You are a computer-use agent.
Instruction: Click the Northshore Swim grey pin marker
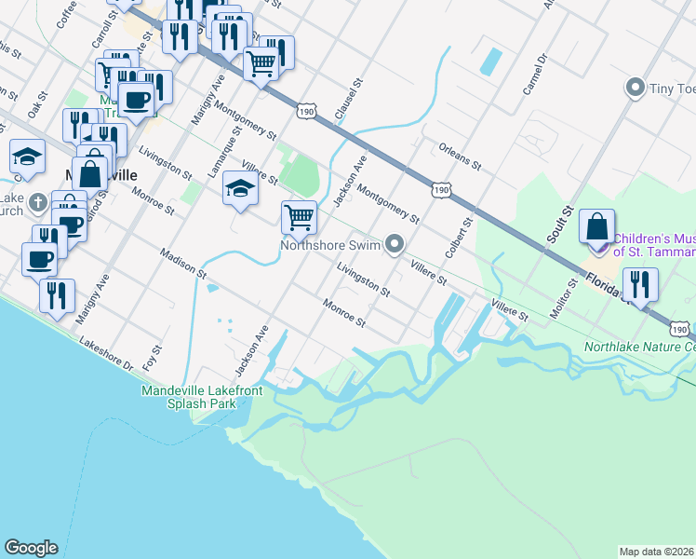[x=395, y=245]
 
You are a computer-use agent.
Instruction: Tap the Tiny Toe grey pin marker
[x=636, y=89]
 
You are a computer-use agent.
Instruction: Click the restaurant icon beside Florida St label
[x=639, y=283]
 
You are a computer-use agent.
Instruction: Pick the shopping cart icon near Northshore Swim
[x=299, y=218]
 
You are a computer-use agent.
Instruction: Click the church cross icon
[x=37, y=201]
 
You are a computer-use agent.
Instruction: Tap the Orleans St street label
[x=460, y=156]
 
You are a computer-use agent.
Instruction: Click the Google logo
[x=31, y=548]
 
